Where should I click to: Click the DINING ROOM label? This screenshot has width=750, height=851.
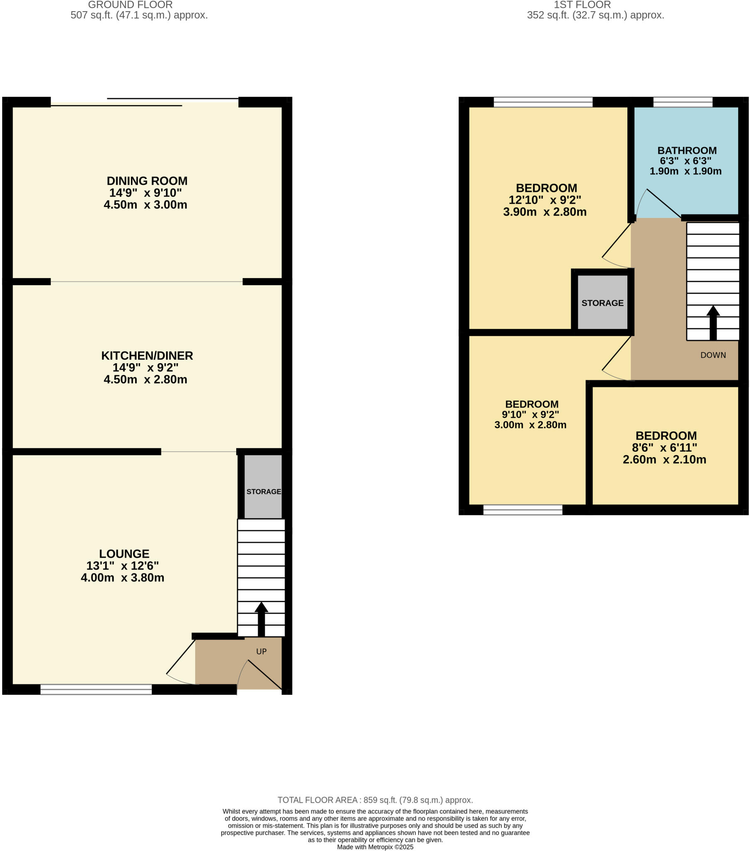[x=147, y=181]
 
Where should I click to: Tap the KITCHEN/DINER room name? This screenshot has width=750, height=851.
[x=147, y=356]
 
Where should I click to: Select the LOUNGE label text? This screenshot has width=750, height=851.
[x=124, y=554]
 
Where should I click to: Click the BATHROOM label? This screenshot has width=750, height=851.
[x=687, y=150]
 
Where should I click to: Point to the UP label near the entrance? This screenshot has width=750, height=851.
[x=261, y=652]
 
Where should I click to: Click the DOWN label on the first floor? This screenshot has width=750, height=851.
[x=713, y=355]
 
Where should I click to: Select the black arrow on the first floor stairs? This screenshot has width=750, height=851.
[x=713, y=323]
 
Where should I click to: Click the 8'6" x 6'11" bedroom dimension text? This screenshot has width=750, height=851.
[x=664, y=448]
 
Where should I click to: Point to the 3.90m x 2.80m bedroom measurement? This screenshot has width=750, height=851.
[x=545, y=212]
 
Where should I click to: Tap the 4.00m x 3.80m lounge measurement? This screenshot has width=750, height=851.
[x=122, y=578]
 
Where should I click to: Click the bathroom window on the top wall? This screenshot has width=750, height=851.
[x=683, y=102]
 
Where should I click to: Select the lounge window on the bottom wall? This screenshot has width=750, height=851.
[x=96, y=689]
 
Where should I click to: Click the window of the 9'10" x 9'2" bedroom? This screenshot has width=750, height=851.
[x=523, y=510]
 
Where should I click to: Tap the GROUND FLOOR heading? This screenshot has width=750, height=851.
[x=130, y=5]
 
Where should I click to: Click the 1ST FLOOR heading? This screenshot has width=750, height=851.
[x=582, y=5]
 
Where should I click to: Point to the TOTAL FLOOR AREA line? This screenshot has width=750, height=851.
[x=375, y=800]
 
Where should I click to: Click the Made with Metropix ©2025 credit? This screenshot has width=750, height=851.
[x=375, y=847]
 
